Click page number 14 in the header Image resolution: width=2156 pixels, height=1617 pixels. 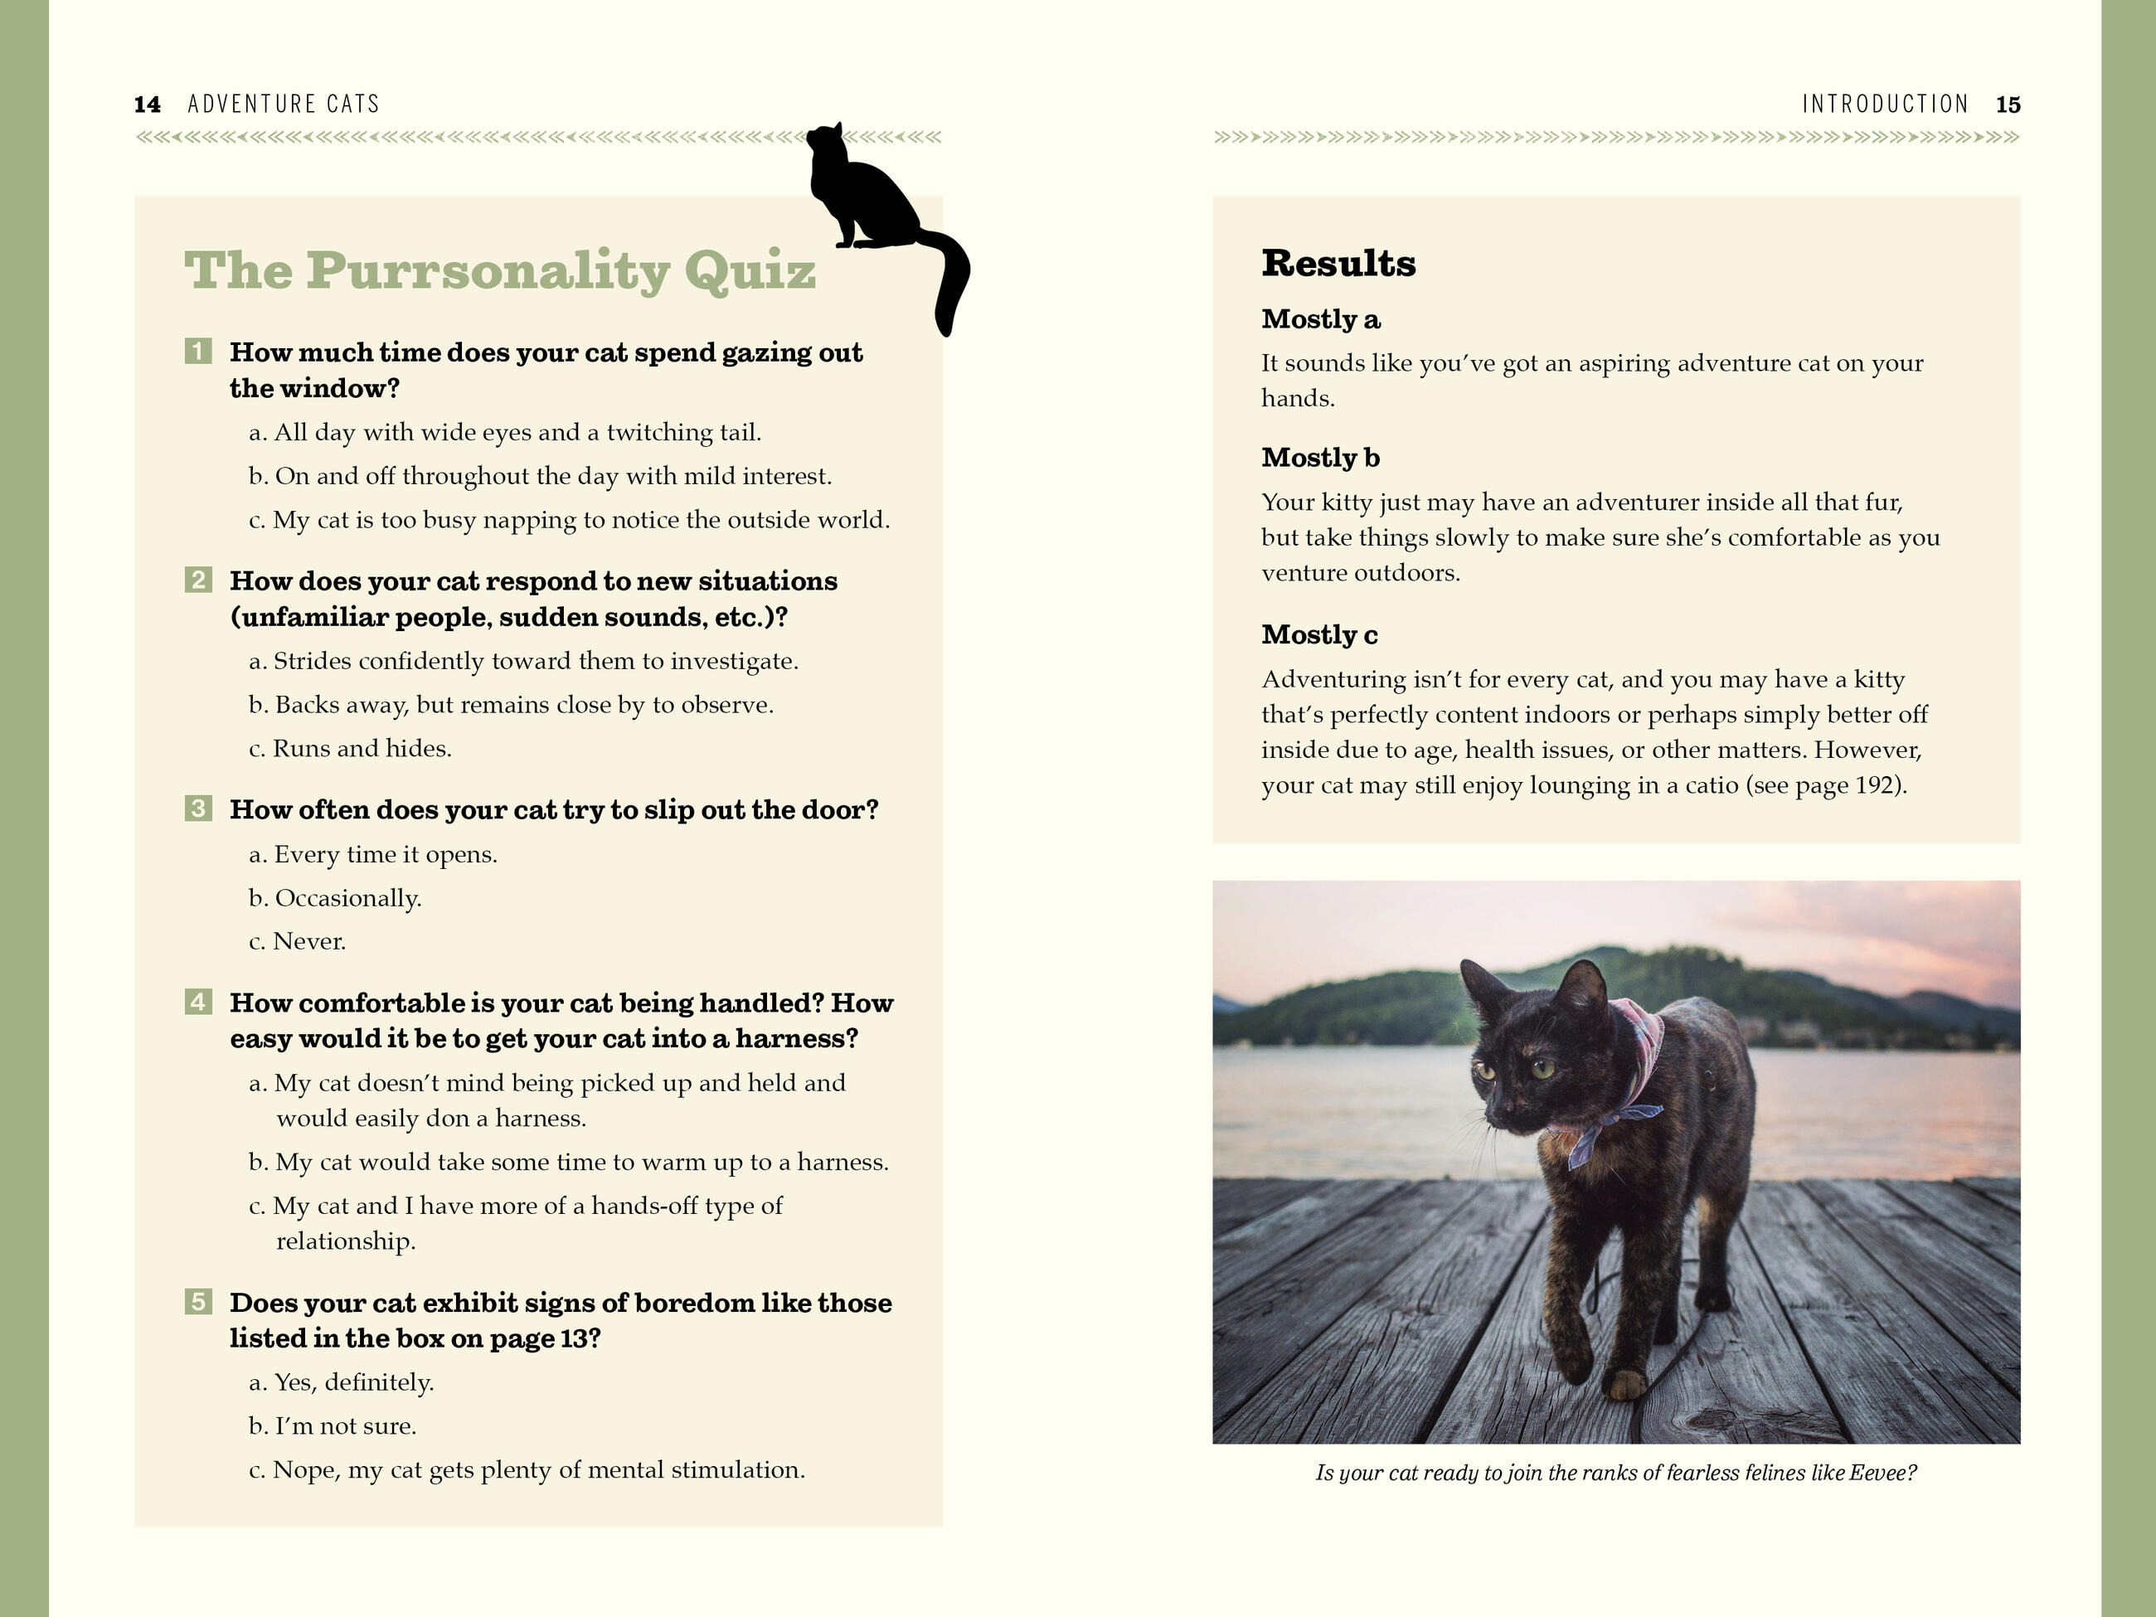(147, 104)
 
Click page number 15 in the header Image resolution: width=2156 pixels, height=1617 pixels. (2008, 104)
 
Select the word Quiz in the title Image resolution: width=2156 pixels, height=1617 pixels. (750, 270)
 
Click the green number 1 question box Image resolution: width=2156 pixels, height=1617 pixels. (198, 351)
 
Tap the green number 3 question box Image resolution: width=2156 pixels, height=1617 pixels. (198, 808)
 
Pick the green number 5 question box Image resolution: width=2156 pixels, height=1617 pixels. (198, 1301)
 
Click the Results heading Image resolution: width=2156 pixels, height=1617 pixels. (1338, 263)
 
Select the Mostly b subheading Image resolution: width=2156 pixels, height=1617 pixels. (1321, 457)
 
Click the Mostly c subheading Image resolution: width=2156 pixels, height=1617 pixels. (1320, 634)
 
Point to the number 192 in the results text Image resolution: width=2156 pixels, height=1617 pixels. (1877, 785)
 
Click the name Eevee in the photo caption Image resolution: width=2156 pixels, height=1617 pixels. (1878, 1473)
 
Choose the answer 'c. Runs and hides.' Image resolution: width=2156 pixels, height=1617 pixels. (350, 749)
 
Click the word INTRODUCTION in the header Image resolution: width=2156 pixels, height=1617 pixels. (1885, 104)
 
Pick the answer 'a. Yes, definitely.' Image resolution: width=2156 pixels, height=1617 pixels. (341, 1382)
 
